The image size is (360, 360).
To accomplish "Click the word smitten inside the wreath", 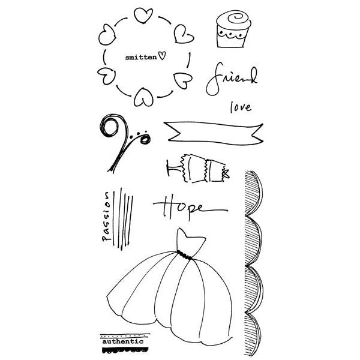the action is (141, 58).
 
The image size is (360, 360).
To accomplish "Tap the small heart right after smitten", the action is (162, 56).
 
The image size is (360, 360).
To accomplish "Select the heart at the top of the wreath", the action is (143, 16).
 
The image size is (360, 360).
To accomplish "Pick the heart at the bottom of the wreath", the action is (144, 98).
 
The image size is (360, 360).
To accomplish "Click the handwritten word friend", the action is (232, 79).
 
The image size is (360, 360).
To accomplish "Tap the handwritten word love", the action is (241, 107).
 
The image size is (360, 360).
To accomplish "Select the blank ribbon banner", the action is (214, 133).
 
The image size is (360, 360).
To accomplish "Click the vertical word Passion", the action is (107, 217).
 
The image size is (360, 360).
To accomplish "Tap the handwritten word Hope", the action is (190, 208).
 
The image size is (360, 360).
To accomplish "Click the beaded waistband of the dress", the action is (184, 256).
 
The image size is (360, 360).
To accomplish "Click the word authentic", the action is (123, 341).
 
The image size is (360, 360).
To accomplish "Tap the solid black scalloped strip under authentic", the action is (125, 350).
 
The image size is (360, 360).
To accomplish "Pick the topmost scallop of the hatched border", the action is (253, 193).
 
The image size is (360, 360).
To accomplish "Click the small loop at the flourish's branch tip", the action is (145, 139).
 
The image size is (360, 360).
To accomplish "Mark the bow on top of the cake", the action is (226, 174).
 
